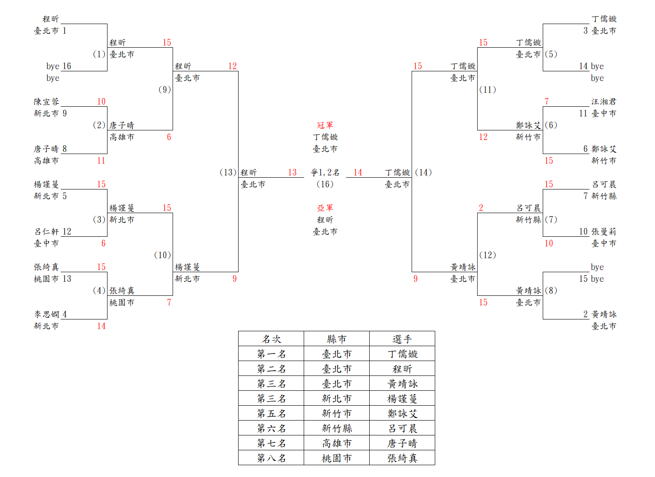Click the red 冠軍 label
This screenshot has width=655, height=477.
[325, 125]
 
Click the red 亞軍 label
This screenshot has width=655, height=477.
[325, 208]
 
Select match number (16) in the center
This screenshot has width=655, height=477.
[325, 184]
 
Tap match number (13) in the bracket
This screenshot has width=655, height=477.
[228, 172]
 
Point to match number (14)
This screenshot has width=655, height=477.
[423, 172]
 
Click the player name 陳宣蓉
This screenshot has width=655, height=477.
[46, 102]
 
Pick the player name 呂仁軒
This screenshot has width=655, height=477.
[46, 231]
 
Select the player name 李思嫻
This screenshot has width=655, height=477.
[46, 314]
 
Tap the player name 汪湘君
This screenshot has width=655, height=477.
[603, 102]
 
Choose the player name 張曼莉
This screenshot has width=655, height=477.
[603, 231]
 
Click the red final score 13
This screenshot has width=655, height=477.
[292, 172]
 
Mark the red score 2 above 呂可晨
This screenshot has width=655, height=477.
[481, 208]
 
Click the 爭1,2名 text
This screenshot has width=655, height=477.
[325, 172]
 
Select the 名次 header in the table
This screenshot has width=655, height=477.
[271, 339]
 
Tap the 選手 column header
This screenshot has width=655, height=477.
[402, 339]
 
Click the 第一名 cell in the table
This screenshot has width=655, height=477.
[271, 354]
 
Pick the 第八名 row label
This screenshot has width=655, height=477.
[271, 458]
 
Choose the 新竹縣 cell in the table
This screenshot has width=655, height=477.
[336, 428]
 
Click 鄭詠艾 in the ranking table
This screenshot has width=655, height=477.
[402, 414]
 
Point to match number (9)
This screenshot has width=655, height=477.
[164, 90]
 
